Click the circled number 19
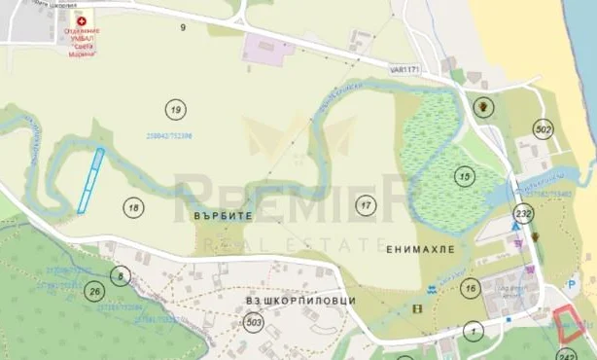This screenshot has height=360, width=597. click(x=175, y=108)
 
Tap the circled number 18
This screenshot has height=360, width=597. click(x=134, y=206)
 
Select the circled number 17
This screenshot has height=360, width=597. click(x=365, y=205)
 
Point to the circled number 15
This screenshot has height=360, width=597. click(x=465, y=176)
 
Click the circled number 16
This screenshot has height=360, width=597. click(x=471, y=287)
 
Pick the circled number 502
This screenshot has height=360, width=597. click(x=543, y=129)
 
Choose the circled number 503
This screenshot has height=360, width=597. click(x=255, y=322)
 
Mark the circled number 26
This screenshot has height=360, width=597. click(x=93, y=291)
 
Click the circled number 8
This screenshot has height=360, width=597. click(x=120, y=276)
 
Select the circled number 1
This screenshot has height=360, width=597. click(x=474, y=331)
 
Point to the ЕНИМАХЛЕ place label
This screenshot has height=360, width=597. click(x=420, y=250)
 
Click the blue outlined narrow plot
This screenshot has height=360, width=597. click(x=90, y=180)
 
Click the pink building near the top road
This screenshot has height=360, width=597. click(x=268, y=49)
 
